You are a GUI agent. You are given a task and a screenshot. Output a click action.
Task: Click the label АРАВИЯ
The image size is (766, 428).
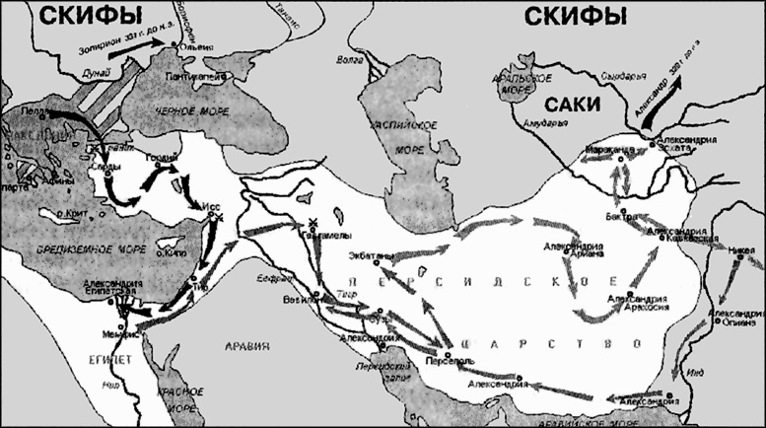249,347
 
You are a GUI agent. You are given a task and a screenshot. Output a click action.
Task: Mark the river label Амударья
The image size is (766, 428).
544,124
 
